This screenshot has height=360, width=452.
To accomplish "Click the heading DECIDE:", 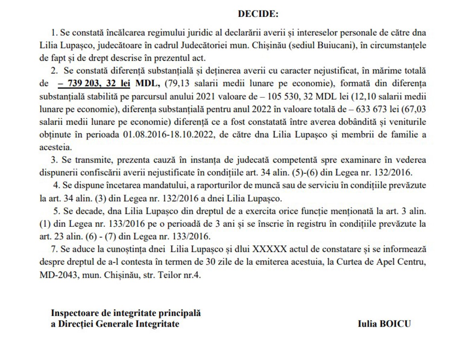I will pos(258,14).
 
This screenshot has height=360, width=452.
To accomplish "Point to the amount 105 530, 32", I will pos(292,96).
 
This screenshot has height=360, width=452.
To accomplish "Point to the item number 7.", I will pos(54,249).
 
